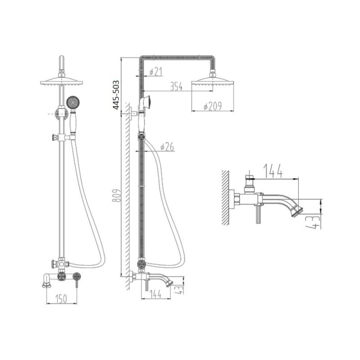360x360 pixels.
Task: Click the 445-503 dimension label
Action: (116, 95)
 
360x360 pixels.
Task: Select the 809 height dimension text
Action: (116, 195)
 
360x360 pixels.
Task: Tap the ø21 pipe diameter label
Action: (156, 72)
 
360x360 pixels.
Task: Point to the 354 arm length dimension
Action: (176, 86)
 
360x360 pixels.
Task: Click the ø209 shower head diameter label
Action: (212, 106)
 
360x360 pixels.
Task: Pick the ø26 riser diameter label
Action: (167, 147)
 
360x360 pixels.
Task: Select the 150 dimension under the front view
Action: (61, 298)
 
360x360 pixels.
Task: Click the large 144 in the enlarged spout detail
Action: (273, 171)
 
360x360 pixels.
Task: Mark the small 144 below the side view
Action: (155, 294)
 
